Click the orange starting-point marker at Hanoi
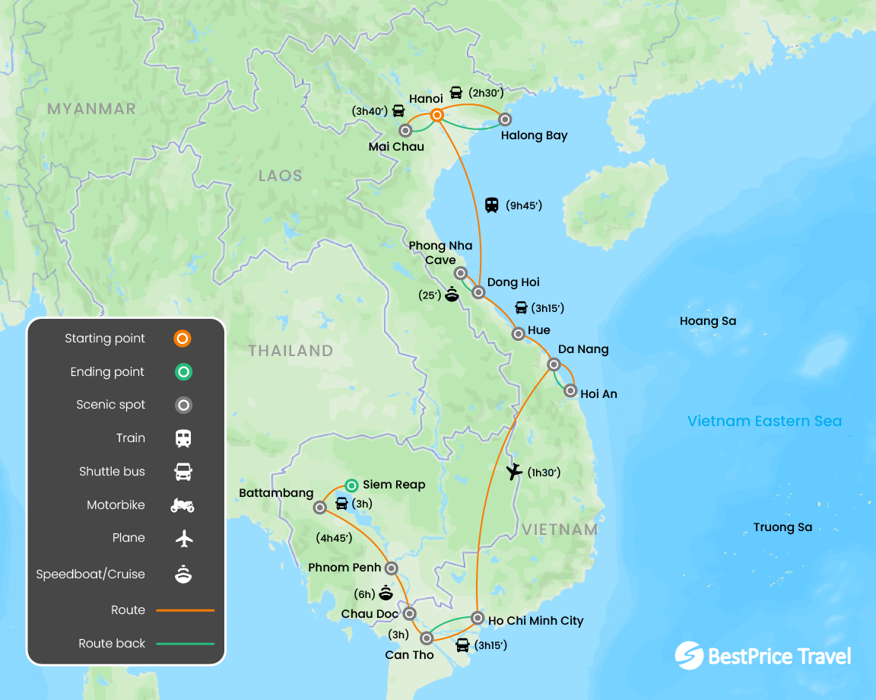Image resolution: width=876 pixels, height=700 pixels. tap(437, 115)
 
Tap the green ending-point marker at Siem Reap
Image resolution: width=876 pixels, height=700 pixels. tap(351, 485)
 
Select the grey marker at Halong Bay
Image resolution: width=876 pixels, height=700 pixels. tap(504, 119)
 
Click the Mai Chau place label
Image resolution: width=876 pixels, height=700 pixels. tap(396, 146)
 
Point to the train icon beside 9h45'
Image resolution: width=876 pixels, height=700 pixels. tap(492, 205)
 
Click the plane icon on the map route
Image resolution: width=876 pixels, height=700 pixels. tap(515, 472)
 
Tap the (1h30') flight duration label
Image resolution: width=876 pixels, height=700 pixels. tap(544, 473)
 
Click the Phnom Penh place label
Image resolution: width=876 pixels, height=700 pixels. tap(344, 568)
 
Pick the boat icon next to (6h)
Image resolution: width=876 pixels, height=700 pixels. tap(386, 593)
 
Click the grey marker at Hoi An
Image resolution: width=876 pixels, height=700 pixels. tap(570, 390)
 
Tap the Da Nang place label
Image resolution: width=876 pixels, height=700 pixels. tap(583, 349)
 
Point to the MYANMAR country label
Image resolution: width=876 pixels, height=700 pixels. tap(91, 109)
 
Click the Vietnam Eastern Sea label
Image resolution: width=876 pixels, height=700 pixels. tap(764, 421)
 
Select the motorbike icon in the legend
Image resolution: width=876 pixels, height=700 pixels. tap(182, 504)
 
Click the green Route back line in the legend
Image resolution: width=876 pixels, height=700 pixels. tap(185, 644)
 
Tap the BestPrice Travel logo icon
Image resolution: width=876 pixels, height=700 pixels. tap(689, 656)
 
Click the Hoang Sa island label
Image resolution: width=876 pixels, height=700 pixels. tap(708, 321)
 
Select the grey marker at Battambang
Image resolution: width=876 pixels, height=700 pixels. tap(319, 507)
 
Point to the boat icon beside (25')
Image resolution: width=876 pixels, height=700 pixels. tap(452, 294)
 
